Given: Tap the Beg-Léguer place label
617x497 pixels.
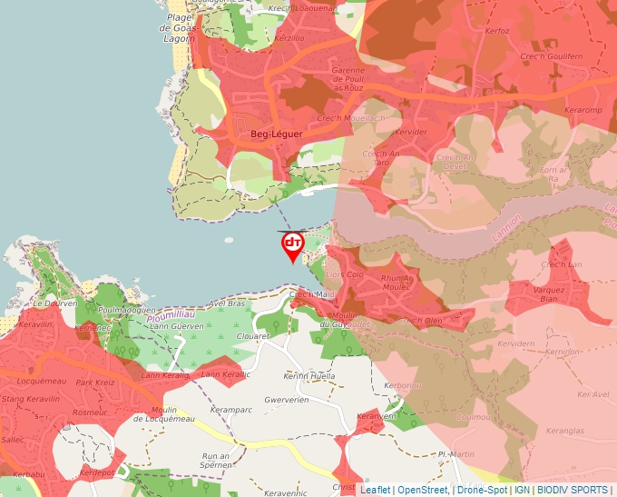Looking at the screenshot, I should click(x=276, y=134).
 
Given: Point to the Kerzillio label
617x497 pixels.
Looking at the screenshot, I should click(x=289, y=39).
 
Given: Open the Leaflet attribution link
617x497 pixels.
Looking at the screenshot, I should click(x=375, y=490).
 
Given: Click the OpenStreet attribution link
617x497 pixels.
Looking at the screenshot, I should click(x=424, y=490).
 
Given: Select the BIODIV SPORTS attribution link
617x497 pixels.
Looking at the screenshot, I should click(x=573, y=490).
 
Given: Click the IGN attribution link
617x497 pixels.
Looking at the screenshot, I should click(x=523, y=490).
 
